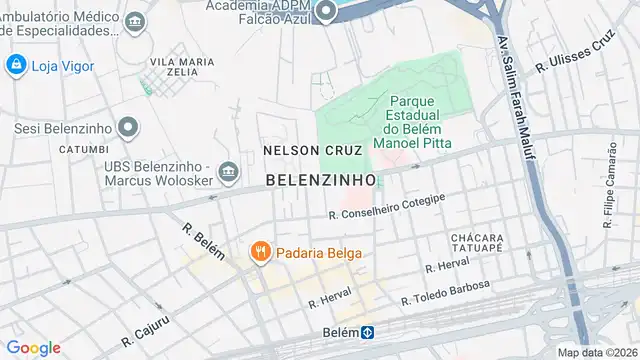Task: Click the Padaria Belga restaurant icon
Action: (x=258, y=252)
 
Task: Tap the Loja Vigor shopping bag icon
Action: (x=16, y=66)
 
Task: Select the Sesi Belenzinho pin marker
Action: (x=128, y=127)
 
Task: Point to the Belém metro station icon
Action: (x=368, y=332)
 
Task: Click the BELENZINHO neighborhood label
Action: (x=321, y=180)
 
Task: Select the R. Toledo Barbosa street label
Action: (x=445, y=293)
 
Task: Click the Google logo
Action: (x=34, y=347)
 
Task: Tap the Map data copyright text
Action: (x=597, y=352)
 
